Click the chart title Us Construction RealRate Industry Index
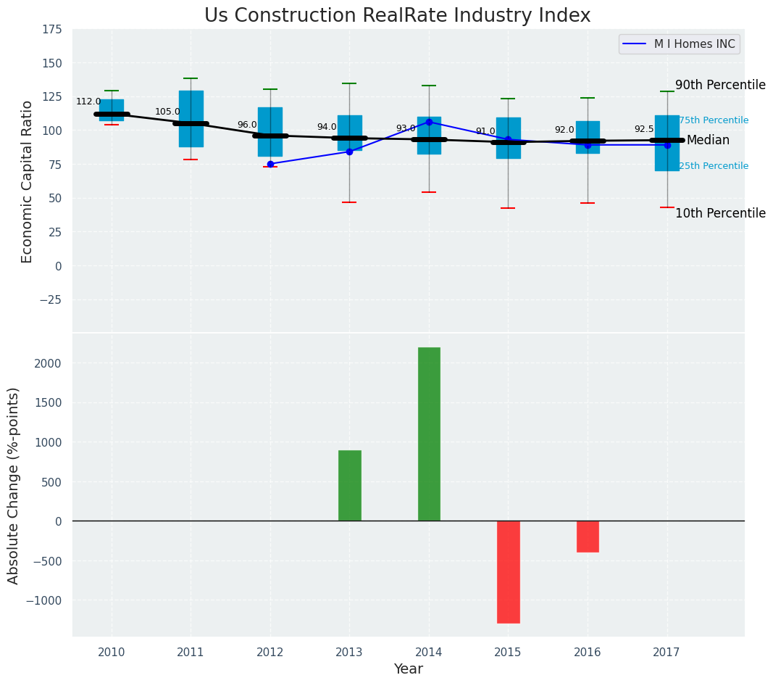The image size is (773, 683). coord(397,16)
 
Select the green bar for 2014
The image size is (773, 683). coord(429,434)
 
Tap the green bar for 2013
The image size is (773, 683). coord(349,485)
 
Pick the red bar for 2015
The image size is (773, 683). coord(508,571)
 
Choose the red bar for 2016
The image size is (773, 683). coord(588,537)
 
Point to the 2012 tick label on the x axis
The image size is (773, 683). coord(270,653)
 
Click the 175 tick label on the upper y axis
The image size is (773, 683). coord(51,30)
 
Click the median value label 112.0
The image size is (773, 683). coord(88,102)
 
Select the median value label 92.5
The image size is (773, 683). coord(644,129)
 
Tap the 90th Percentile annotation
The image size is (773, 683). coord(720,85)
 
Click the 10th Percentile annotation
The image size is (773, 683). coord(720,213)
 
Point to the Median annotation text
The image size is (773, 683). coord(708,140)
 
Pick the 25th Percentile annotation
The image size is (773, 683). coord(714,166)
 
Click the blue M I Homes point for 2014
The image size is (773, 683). coord(429,122)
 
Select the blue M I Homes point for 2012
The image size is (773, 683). coord(270,164)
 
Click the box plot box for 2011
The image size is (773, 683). coord(191,109)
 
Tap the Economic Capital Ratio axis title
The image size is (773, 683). coord(28,181)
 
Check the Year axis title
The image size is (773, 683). coord(408,669)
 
